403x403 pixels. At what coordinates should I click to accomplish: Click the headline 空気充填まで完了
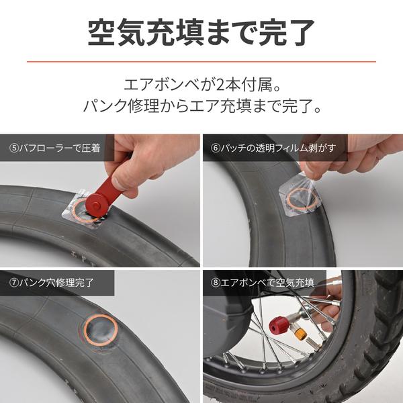[201, 32]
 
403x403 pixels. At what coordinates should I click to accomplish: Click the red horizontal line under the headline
[201, 62]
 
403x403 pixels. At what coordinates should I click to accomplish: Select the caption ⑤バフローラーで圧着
[54, 148]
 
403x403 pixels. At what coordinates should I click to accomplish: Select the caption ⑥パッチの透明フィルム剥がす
[273, 148]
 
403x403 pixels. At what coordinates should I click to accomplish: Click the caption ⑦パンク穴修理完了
[52, 283]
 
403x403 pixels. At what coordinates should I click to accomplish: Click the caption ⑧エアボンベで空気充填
[262, 283]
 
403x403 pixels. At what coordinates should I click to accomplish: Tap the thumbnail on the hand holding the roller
[119, 183]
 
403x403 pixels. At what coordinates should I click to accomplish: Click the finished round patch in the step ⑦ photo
[101, 330]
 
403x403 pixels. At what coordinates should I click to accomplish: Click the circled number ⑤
[13, 148]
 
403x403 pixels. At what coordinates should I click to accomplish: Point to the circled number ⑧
[215, 283]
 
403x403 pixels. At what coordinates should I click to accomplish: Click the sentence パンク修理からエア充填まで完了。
[202, 106]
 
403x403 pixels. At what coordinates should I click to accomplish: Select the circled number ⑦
[13, 283]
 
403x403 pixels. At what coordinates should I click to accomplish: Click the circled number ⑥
[215, 148]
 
